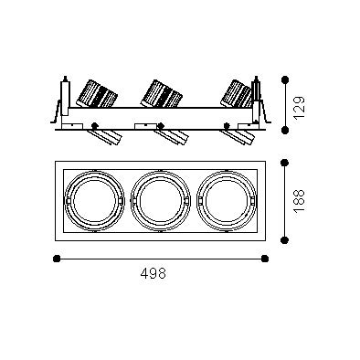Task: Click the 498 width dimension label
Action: pyautogui.click(x=154, y=273)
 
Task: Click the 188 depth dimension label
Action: pyautogui.click(x=300, y=201)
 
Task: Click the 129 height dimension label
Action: pyautogui.click(x=300, y=108)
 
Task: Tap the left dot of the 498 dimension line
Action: pyautogui.click(x=57, y=259)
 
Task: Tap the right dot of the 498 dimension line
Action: pyautogui.click(x=265, y=259)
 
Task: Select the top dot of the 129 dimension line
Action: pyautogui.click(x=285, y=79)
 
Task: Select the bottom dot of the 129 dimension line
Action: pyautogui.click(x=285, y=130)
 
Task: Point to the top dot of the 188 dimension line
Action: pyautogui.click(x=284, y=163)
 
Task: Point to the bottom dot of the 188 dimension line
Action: pyautogui.click(x=284, y=240)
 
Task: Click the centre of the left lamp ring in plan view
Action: pyautogui.click(x=95, y=201)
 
